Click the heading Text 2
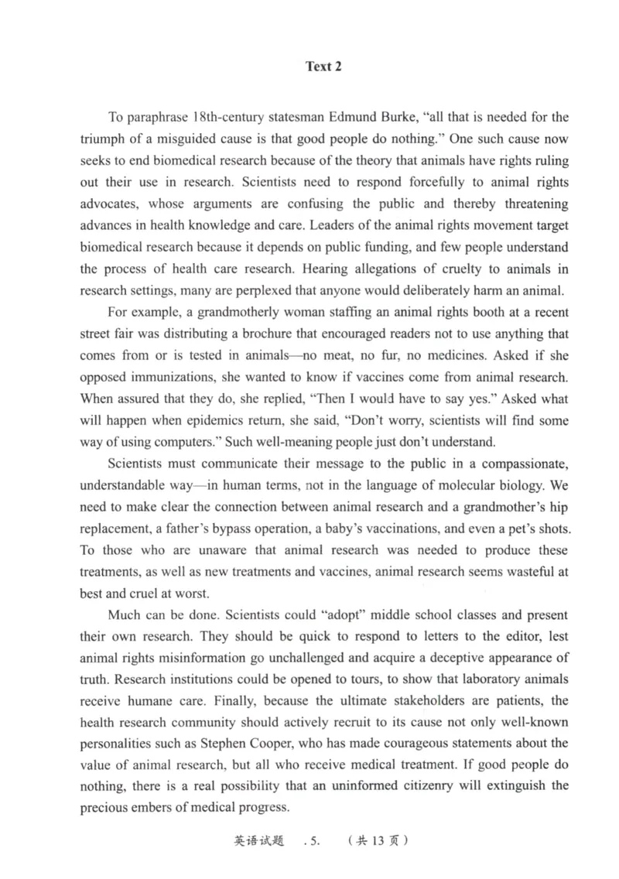pyautogui.click(x=323, y=67)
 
